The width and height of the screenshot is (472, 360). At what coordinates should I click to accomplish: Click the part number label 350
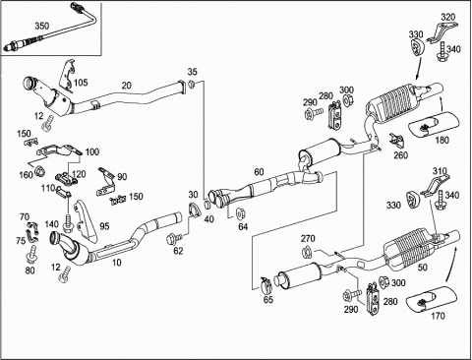point(42,26)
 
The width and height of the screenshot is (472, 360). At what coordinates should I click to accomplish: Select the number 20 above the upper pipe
point(127,86)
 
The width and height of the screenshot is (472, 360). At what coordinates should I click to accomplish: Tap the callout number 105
point(81,83)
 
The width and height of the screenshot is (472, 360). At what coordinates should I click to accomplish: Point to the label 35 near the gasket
point(193,72)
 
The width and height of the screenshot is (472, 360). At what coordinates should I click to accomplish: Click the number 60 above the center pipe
point(259,172)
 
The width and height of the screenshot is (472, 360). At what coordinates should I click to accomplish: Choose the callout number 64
point(243,226)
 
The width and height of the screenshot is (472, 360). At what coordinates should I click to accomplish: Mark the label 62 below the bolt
point(178,251)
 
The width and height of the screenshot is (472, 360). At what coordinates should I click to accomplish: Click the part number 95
point(104,226)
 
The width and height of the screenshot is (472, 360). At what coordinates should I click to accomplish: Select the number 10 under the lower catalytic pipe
point(117,263)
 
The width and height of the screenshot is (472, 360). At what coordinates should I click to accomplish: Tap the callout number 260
point(400,155)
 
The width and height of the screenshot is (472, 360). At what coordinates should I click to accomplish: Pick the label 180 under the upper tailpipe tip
point(442,141)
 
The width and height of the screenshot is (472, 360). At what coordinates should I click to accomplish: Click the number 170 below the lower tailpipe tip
point(438,316)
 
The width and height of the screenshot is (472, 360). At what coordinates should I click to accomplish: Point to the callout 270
point(308,238)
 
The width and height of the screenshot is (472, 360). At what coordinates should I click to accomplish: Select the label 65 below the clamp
point(268,299)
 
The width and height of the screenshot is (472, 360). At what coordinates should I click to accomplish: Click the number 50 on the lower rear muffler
point(423,268)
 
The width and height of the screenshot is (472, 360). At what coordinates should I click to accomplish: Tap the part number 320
point(448,17)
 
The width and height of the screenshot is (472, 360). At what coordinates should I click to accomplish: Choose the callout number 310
point(440,171)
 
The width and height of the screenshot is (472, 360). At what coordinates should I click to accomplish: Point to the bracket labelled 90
point(105,181)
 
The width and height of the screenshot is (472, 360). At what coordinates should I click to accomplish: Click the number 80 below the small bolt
point(29,270)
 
